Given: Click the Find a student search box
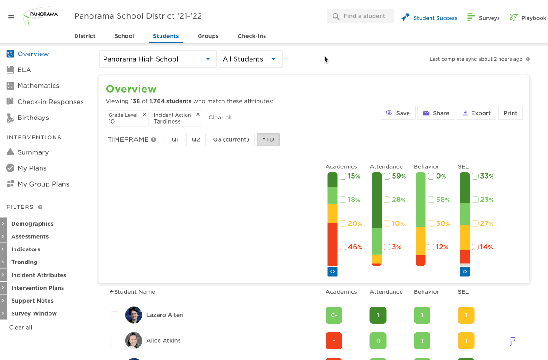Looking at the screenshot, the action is pyautogui.click(x=361, y=16).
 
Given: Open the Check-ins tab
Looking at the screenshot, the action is pyautogui.click(x=252, y=36).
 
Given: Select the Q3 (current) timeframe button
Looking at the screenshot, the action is pyautogui.click(x=231, y=139).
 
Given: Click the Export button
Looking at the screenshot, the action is pyautogui.click(x=476, y=113).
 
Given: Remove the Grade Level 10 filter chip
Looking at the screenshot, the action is pyautogui.click(x=144, y=114).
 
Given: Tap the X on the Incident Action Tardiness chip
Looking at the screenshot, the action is pyautogui.click(x=198, y=114).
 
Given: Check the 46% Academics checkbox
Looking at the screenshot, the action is pyautogui.click(x=343, y=247).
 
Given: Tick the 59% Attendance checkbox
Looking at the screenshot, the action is pyautogui.click(x=387, y=176).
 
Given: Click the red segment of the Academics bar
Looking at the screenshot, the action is pyautogui.click(x=333, y=245).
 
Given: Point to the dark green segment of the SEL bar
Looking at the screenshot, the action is pyautogui.click(x=465, y=187).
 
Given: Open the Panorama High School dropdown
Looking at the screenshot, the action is pyautogui.click(x=158, y=59).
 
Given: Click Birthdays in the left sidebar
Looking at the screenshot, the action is pyautogui.click(x=33, y=118).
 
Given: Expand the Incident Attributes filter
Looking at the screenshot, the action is pyautogui.click(x=38, y=275).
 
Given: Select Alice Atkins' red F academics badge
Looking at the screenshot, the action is pyautogui.click(x=334, y=341).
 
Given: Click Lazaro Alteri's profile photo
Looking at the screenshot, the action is pyautogui.click(x=134, y=315).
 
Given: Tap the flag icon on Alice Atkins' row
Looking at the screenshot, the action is pyautogui.click(x=513, y=341).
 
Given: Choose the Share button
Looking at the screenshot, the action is pyautogui.click(x=436, y=113).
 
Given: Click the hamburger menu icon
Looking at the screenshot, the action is pyautogui.click(x=11, y=16).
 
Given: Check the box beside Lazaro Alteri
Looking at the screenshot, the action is pyautogui.click(x=115, y=315).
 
